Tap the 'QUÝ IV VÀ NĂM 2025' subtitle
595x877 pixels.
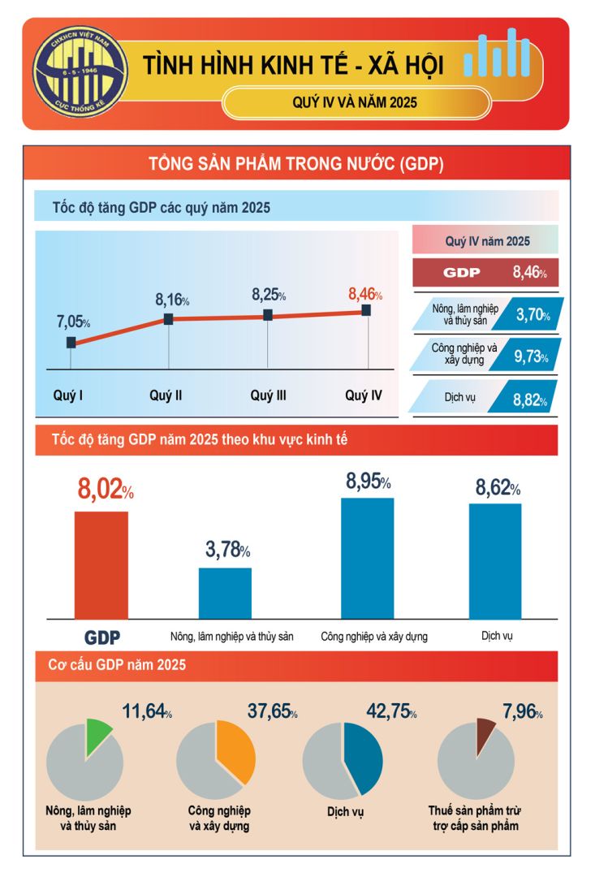click(x=356, y=102)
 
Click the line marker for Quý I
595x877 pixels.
click(x=71, y=343)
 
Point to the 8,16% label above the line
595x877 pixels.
click(x=172, y=300)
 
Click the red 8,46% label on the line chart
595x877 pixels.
click(x=364, y=294)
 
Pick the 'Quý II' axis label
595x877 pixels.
click(x=166, y=396)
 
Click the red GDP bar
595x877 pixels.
click(x=101, y=565)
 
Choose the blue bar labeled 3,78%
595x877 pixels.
click(x=225, y=593)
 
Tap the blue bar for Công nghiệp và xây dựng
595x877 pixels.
click(x=367, y=559)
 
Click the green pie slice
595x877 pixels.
click(x=97, y=733)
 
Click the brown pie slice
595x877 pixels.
click(x=485, y=730)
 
